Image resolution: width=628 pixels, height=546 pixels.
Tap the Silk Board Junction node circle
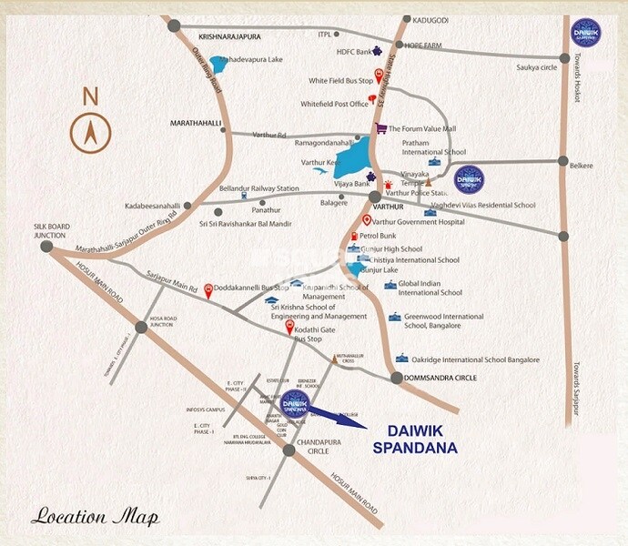(x=47, y=246)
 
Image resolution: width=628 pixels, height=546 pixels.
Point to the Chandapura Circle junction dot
(x=289, y=450)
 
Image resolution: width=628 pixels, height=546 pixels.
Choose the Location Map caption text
(x=95, y=517)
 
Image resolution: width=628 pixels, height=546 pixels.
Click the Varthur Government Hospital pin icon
(x=367, y=220)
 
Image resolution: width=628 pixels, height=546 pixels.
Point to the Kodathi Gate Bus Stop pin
(x=290, y=326)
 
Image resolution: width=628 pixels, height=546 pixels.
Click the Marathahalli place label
(x=196, y=122)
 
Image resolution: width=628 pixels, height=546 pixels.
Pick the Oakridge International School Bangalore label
(x=468, y=359)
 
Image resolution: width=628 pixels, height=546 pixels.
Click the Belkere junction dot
(x=564, y=163)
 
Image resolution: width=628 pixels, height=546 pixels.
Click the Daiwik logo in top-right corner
(x=584, y=34)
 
